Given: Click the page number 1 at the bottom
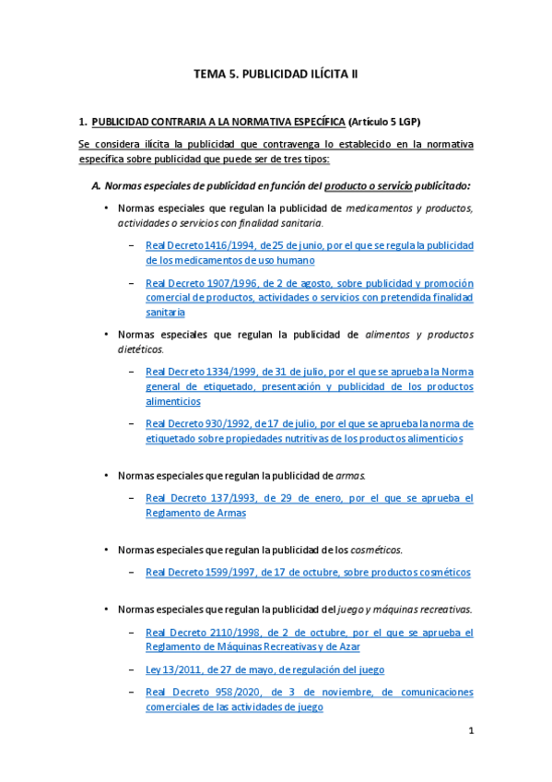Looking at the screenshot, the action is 470,731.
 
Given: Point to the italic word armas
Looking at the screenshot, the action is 351,475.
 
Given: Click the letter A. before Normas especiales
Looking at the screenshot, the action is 96,185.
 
